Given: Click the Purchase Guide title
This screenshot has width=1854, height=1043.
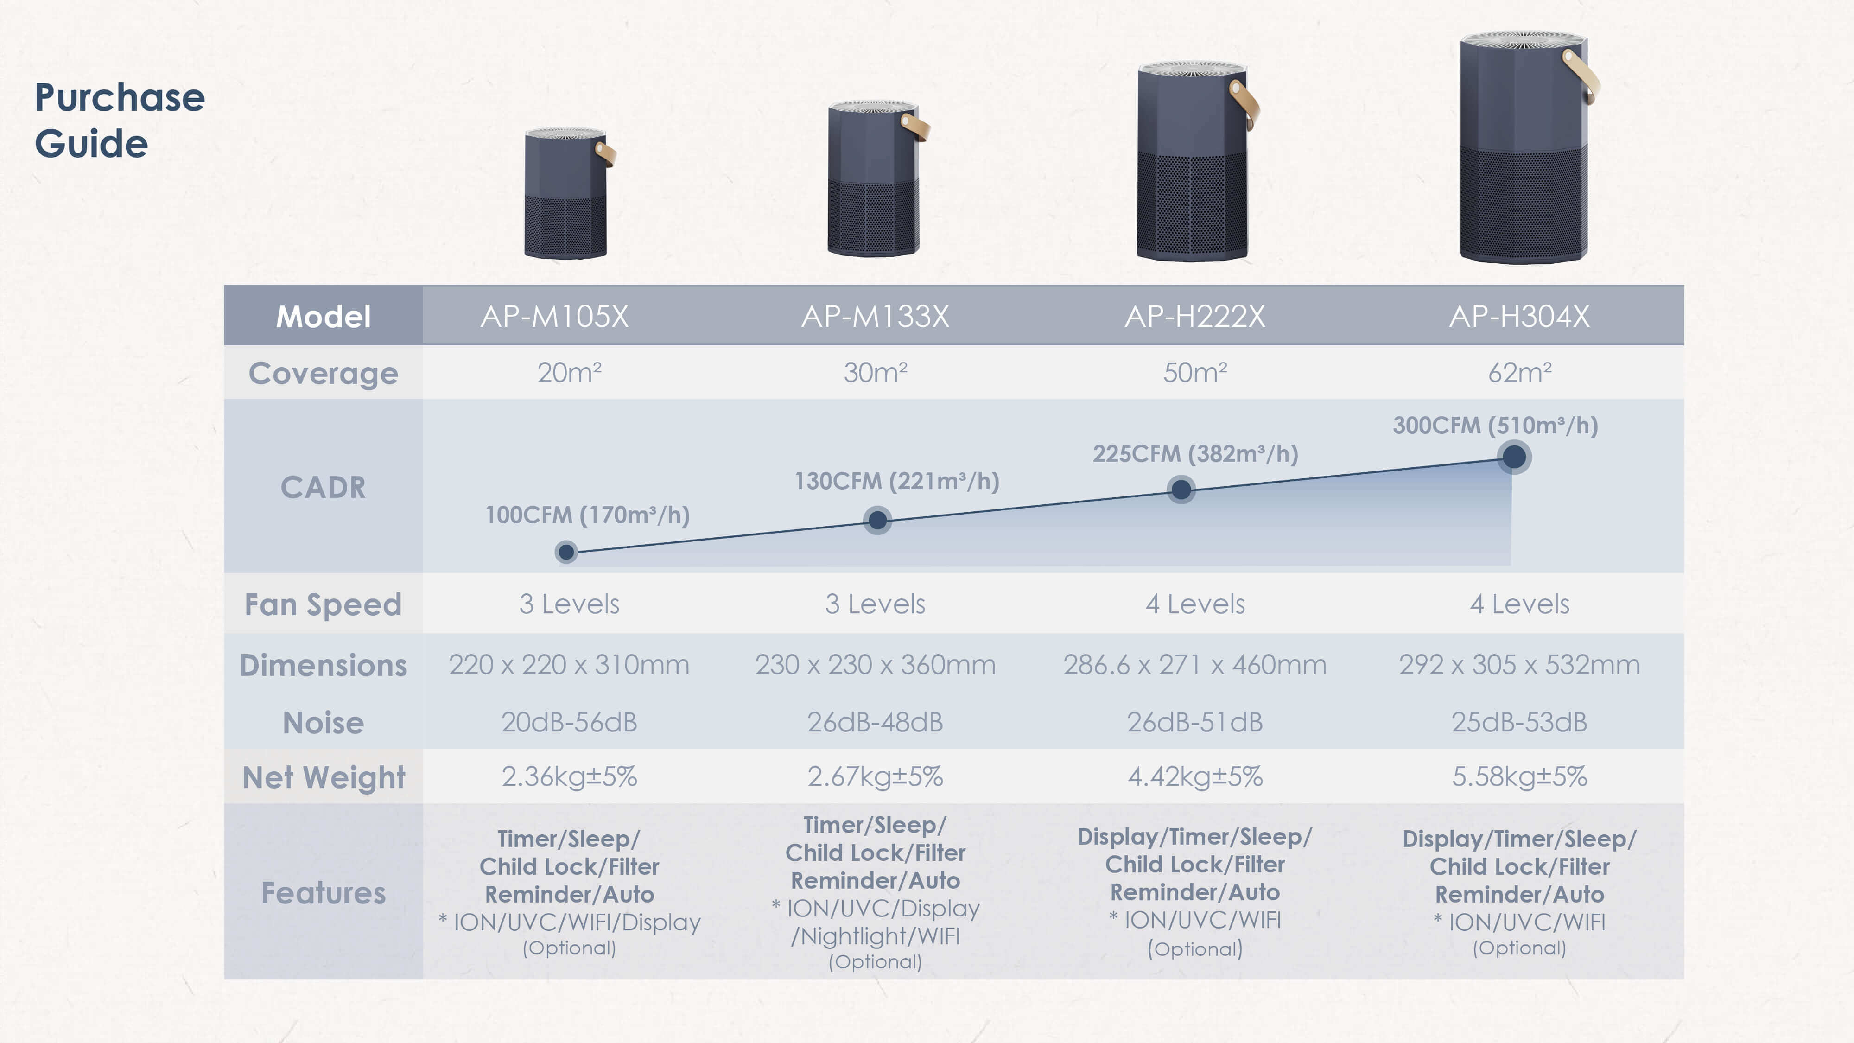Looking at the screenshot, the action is tap(120, 120).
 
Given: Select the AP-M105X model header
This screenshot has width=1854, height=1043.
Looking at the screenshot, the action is tap(554, 316).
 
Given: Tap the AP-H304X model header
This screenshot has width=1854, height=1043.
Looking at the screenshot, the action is tap(1519, 316).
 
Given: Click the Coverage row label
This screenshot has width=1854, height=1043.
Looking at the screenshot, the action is tap(323, 374).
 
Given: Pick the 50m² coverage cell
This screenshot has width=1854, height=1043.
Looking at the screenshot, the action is tap(1195, 372).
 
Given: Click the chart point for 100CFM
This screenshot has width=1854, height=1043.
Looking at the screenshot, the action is tap(566, 552).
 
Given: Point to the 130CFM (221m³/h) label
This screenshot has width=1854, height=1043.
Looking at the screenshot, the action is tap(897, 481).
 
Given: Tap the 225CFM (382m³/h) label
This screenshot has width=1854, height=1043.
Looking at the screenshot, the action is tap(1195, 453).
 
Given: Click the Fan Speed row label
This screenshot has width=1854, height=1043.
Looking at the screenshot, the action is tap(323, 604).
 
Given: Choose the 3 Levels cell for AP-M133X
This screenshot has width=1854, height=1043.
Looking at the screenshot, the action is tap(875, 604).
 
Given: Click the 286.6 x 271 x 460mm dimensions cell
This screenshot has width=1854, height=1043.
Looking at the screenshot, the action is tap(1195, 664).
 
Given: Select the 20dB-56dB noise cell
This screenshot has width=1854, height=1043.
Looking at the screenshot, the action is tap(569, 722).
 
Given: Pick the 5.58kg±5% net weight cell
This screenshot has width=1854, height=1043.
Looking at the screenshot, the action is tap(1519, 776).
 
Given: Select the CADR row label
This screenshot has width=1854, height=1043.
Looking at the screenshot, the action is tap(323, 487).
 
